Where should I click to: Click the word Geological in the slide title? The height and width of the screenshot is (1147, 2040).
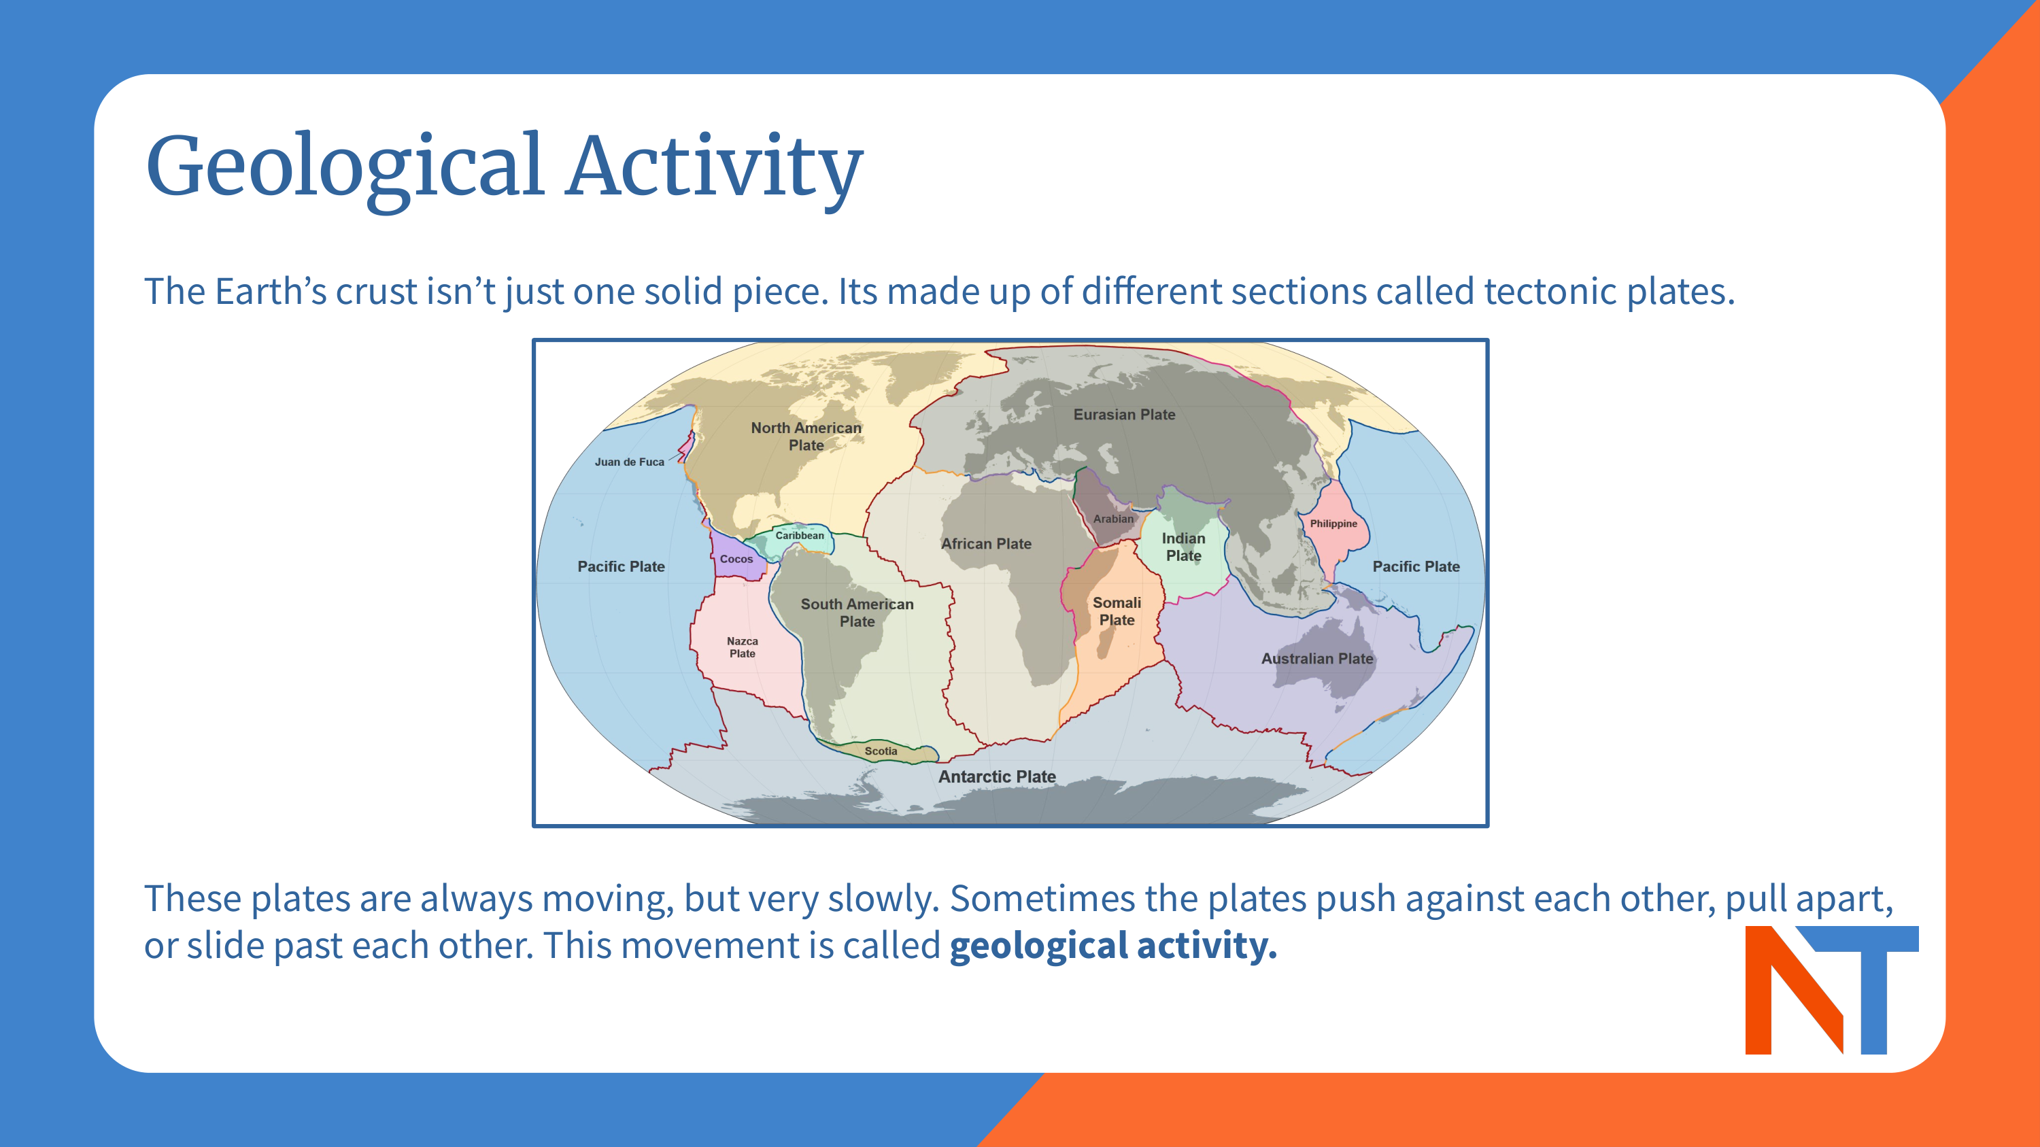coord(345,166)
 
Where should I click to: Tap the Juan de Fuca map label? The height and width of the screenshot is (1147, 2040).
coord(629,462)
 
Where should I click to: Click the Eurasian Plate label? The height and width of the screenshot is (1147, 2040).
coord(1124,414)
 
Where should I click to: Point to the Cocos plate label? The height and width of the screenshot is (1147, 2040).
coord(736,559)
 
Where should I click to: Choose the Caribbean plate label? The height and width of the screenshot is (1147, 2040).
coord(799,535)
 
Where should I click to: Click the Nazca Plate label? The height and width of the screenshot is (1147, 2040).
coord(742,647)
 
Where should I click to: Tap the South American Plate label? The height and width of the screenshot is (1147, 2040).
coord(857,613)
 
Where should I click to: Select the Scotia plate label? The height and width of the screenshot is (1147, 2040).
coord(881,751)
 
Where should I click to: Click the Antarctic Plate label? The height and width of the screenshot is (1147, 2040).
coord(996,776)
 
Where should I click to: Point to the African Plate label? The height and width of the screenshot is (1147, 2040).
coord(986,544)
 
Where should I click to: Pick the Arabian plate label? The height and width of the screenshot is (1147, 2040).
coord(1112,519)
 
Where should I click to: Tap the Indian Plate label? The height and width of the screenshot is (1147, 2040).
coord(1183,547)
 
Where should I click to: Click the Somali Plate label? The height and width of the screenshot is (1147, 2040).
coord(1117,611)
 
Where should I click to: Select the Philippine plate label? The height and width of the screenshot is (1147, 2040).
coord(1333,524)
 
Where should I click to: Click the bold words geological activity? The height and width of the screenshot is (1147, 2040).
coord(1112,945)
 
